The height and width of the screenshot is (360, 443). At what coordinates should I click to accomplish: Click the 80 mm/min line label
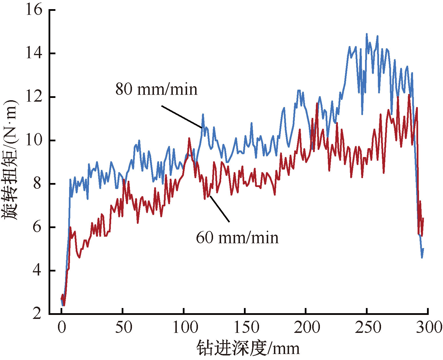pyautogui.click(x=157, y=89)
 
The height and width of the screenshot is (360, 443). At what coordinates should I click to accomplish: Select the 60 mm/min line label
pyautogui.click(x=237, y=238)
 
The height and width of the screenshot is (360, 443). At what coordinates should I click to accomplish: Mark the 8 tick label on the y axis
pyautogui.click(x=37, y=184)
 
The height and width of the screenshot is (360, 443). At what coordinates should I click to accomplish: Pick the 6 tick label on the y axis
pyautogui.click(x=37, y=227)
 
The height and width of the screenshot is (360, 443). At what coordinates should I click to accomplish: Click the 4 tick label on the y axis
pyautogui.click(x=37, y=271)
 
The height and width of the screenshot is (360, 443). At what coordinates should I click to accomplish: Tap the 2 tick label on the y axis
pyautogui.click(x=37, y=314)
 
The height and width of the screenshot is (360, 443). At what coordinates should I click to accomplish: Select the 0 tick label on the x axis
pyautogui.click(x=62, y=327)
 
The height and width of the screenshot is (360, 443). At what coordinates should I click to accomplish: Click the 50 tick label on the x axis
pyautogui.click(x=123, y=327)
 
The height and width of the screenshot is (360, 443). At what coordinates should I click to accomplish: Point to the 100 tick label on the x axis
pyautogui.click(x=185, y=327)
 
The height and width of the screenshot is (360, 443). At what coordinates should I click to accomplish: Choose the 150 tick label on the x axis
pyautogui.click(x=246, y=327)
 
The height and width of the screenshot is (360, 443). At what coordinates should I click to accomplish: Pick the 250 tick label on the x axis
pyautogui.click(x=368, y=327)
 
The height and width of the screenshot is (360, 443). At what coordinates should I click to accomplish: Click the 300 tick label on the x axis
pyautogui.click(x=430, y=327)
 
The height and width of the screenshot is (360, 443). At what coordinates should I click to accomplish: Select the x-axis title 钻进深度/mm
pyautogui.click(x=248, y=348)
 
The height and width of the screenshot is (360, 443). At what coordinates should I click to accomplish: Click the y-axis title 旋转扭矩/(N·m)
pyautogui.click(x=11, y=160)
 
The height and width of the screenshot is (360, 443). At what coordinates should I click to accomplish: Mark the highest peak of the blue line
pyautogui.click(x=367, y=34)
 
